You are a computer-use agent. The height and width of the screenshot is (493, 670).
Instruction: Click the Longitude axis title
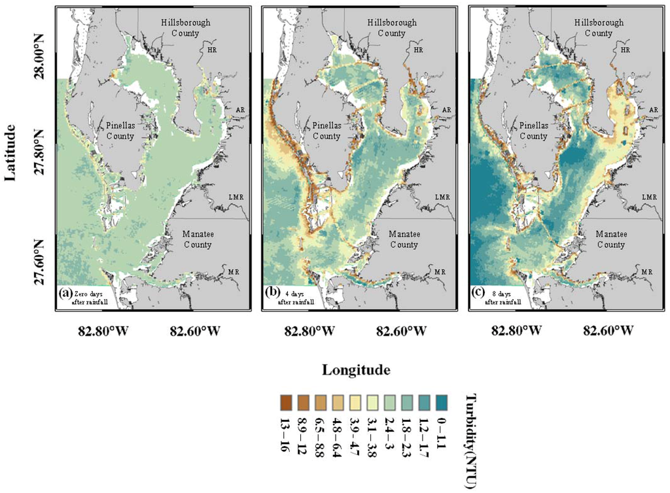356,369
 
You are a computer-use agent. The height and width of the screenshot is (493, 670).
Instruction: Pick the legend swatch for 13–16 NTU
285,399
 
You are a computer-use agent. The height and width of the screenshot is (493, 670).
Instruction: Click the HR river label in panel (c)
625,50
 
